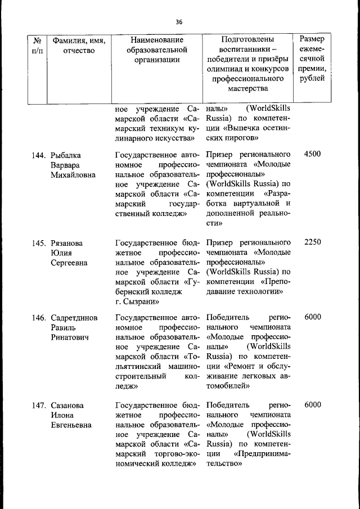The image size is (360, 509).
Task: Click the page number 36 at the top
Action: click(179, 22)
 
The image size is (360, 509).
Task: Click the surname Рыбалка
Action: click(66, 155)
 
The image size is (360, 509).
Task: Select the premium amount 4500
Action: click(312, 154)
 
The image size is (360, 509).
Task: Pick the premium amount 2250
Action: click(312, 242)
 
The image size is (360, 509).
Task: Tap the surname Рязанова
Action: click(67, 243)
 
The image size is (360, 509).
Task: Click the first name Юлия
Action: click(61, 253)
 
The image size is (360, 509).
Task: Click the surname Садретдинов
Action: click(74, 317)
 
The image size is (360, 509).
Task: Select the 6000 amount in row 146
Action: click(312, 317)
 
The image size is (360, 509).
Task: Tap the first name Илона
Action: click(63, 415)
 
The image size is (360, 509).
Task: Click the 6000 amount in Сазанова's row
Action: click(312, 405)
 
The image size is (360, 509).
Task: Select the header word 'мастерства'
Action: click(247, 88)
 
